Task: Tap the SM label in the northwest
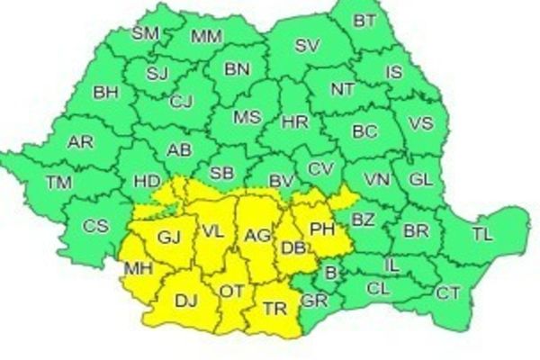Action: point(145,34)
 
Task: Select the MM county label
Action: point(207,37)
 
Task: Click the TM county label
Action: point(59,183)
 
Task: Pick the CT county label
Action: point(447,292)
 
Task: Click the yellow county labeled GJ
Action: point(169,238)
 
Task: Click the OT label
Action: point(232,291)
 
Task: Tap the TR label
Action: point(275,308)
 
